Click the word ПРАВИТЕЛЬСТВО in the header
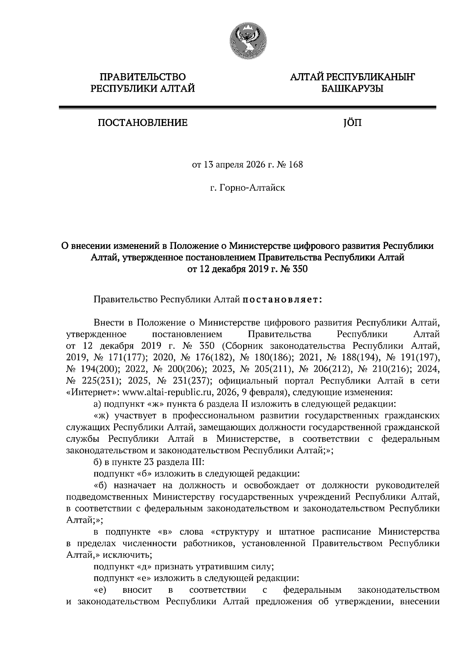click(142, 77)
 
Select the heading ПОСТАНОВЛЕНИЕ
click(142, 123)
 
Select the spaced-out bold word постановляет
click(282, 299)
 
